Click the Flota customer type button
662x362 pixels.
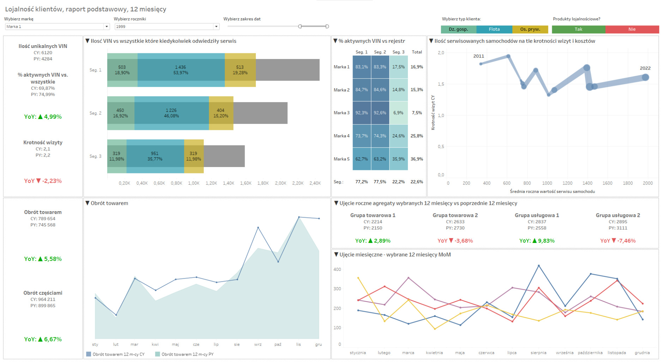coord(494,29)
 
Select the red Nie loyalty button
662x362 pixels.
coord(632,29)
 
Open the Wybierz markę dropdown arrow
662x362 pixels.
coord(107,26)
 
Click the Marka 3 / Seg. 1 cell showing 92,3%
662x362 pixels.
coord(361,113)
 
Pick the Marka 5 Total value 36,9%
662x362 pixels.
coord(417,159)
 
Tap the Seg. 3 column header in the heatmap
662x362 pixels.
coord(398,52)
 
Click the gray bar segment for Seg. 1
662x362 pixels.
coord(287,70)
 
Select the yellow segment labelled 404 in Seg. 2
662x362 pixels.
coord(221,113)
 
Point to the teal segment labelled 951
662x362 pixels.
coord(155,156)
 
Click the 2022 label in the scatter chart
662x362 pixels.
coord(645,68)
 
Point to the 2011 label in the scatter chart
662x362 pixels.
coord(479,56)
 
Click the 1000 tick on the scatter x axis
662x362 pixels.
coord(547,183)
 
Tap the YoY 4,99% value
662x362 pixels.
coord(43,117)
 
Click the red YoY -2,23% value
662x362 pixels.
coord(43,181)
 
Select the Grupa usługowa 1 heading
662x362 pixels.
coord(537,215)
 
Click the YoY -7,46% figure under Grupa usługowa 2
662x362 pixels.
coord(618,241)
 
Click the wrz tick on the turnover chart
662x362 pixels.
coord(258,344)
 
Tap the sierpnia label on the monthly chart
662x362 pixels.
coord(538,352)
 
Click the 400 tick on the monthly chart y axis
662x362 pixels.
coord(337,269)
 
